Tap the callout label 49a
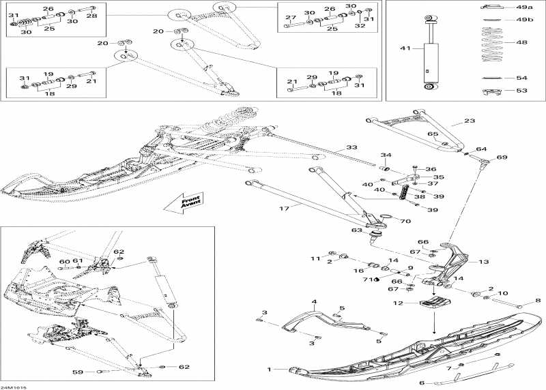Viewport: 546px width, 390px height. [524, 7]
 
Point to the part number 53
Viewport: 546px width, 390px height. [521, 90]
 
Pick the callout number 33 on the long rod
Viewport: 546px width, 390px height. [351, 147]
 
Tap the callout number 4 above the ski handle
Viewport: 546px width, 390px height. [315, 301]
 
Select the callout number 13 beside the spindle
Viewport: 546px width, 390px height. [484, 262]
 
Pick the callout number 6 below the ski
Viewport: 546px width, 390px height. [421, 382]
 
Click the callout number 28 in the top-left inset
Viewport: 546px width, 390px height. [91, 15]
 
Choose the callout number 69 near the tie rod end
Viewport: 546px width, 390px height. [502, 157]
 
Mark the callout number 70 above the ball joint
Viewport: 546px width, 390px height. [405, 221]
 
